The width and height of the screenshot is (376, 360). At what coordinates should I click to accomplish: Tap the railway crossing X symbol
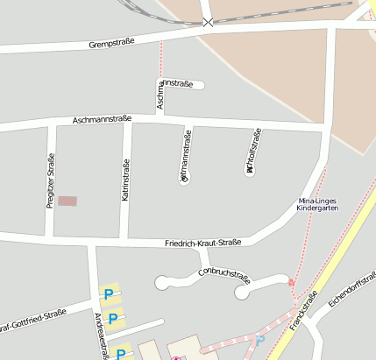[208, 21]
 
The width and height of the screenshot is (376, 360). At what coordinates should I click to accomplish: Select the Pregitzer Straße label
[50, 180]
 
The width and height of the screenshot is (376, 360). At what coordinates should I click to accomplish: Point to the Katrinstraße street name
[126, 180]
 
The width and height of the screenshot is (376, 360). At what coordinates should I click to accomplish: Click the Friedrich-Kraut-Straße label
[202, 243]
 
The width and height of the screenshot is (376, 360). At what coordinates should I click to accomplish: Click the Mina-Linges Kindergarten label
[316, 206]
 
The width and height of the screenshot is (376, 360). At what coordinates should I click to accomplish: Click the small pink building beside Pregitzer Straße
[67, 201]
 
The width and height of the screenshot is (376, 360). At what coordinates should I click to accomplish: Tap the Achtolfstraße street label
[253, 151]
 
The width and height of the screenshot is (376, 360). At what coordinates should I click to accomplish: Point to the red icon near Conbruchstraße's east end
[291, 283]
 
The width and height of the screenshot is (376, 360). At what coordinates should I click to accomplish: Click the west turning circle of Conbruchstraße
[163, 282]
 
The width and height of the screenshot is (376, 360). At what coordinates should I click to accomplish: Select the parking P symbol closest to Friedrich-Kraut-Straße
[110, 295]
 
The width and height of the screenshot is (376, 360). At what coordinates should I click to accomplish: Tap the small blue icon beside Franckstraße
[259, 339]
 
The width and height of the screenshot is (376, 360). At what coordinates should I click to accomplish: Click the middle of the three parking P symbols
[112, 318]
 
